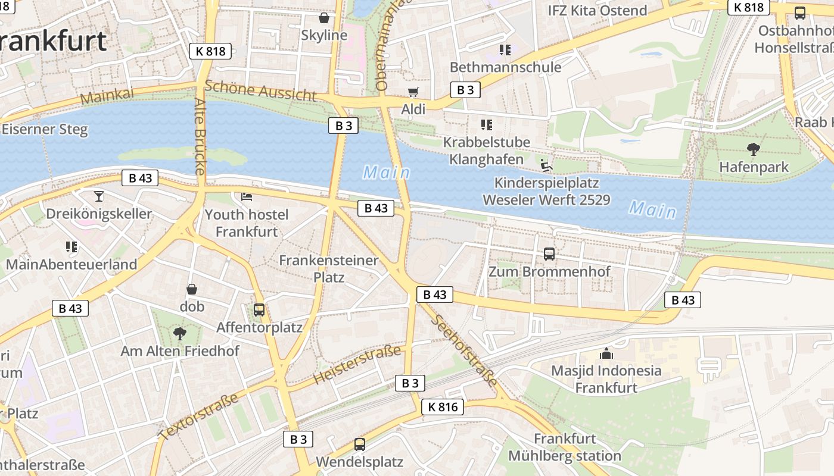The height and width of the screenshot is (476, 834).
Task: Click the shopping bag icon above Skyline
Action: [324, 18]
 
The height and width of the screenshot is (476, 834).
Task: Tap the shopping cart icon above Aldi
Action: [413, 92]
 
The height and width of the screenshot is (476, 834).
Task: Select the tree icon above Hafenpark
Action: [754, 149]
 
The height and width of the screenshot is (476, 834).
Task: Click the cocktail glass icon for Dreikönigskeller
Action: [99, 196]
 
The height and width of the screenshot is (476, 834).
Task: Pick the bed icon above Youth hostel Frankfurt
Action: [247, 197]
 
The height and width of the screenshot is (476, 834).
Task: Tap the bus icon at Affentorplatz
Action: [259, 310]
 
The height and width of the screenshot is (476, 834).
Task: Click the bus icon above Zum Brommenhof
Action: [549, 254]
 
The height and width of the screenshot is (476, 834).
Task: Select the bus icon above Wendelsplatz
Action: [360, 444]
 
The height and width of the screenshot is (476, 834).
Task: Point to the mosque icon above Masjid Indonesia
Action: [606, 353]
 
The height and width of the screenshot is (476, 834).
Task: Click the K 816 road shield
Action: [442, 407]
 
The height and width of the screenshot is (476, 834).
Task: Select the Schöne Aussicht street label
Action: [261, 91]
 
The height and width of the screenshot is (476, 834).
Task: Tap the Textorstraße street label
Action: [198, 416]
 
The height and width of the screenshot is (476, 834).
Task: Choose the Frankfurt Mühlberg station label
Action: [564, 447]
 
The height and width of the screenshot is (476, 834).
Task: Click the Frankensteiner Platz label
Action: [329, 269]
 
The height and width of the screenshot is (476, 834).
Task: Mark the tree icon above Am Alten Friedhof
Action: [179, 334]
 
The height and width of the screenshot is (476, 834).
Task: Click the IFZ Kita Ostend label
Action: [597, 11]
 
